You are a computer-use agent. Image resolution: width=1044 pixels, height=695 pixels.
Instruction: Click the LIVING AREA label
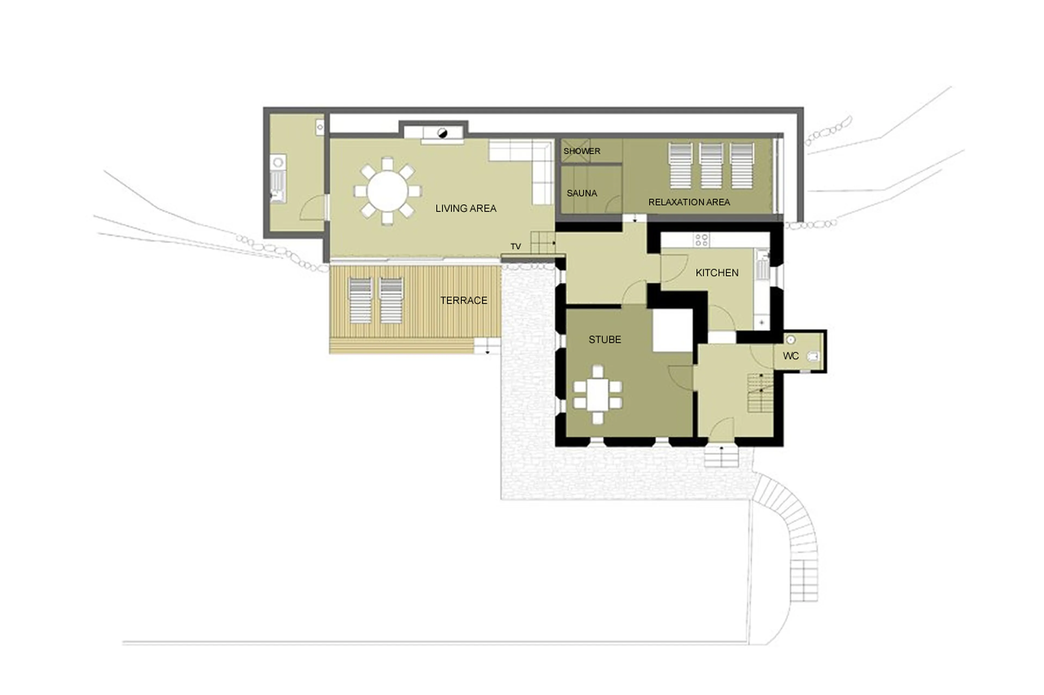pos(465,208)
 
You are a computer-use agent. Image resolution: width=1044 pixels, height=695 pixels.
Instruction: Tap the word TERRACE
pos(464,301)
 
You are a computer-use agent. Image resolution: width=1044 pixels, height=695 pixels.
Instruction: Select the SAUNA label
pos(582,193)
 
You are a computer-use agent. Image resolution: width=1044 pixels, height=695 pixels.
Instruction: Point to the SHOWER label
pos(582,151)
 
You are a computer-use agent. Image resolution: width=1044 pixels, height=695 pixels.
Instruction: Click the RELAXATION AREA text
pos(689,202)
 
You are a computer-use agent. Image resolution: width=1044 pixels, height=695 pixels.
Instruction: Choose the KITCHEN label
pos(717,273)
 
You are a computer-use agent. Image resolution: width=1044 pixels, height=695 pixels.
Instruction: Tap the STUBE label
pos(605,339)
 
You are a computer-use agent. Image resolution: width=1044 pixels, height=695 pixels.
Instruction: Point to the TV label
pos(515,246)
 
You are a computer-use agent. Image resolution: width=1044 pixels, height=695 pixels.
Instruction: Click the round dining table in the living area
pos(387,191)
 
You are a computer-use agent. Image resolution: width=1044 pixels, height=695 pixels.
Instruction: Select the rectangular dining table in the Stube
pos(598,394)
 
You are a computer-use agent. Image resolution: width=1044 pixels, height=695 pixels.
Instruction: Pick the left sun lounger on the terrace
pos(360,300)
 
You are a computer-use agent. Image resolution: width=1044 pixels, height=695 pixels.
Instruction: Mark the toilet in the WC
pos(813,356)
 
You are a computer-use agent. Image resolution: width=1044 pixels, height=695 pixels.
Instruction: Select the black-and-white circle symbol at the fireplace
pos(442,133)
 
